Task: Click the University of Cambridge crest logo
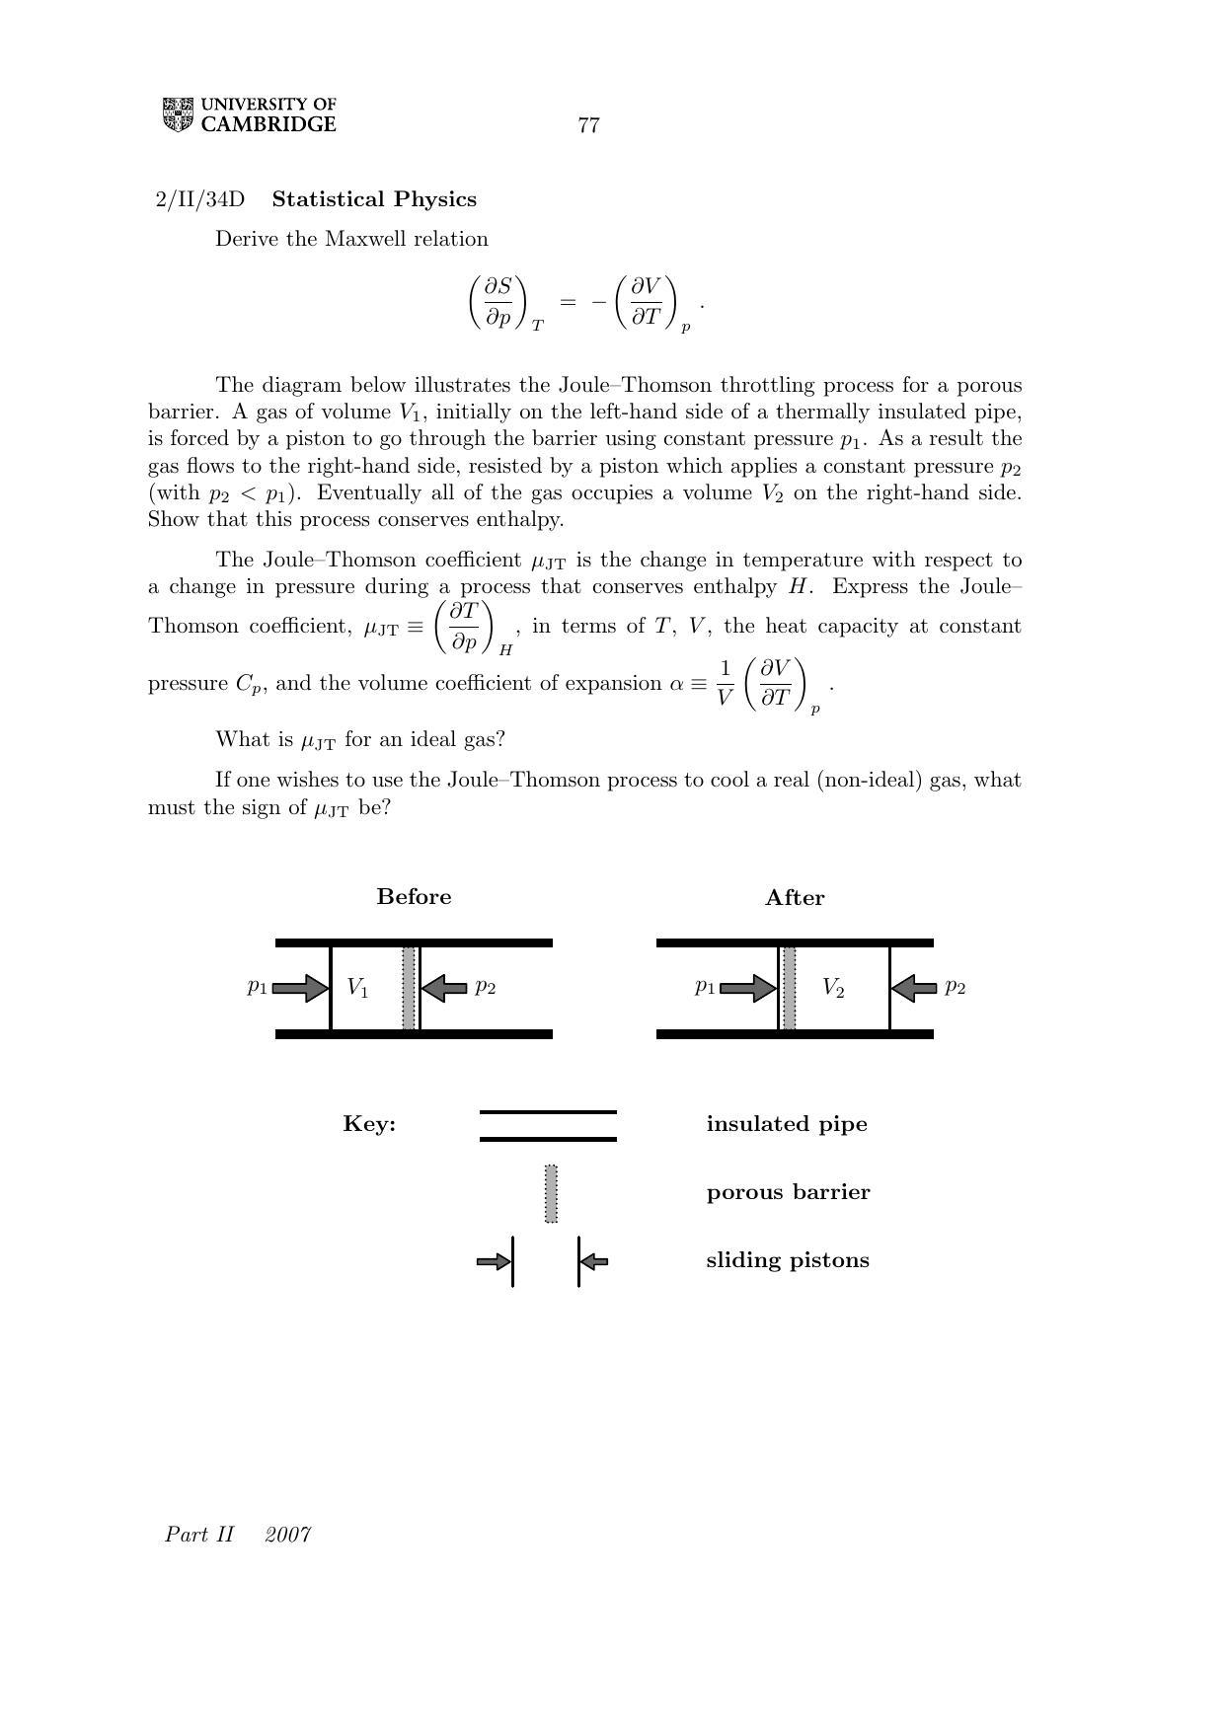pyautogui.click(x=178, y=115)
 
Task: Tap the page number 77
pyautogui.click(x=588, y=125)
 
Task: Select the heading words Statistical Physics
pyautogui.click(x=374, y=199)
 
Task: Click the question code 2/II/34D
pyautogui.click(x=199, y=199)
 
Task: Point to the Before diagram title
pyautogui.click(x=414, y=897)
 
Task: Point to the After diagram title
pyautogui.click(x=795, y=898)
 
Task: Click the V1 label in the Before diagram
pyautogui.click(x=357, y=988)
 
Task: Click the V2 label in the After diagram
pyautogui.click(x=833, y=988)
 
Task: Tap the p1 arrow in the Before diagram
pyautogui.click(x=300, y=988)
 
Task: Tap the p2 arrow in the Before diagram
pyautogui.click(x=444, y=988)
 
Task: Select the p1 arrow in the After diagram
pyautogui.click(x=748, y=988)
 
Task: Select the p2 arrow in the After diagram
pyautogui.click(x=914, y=988)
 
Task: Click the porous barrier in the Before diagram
pyautogui.click(x=409, y=988)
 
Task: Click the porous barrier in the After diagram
pyautogui.click(x=789, y=988)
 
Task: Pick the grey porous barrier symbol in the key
pyautogui.click(x=551, y=1193)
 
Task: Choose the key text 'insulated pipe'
pyautogui.click(x=787, y=1124)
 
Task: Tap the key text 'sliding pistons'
pyautogui.click(x=788, y=1260)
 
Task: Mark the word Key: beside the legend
pyautogui.click(x=369, y=1124)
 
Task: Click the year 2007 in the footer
pyautogui.click(x=288, y=1534)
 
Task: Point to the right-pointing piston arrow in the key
pyautogui.click(x=493, y=1261)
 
